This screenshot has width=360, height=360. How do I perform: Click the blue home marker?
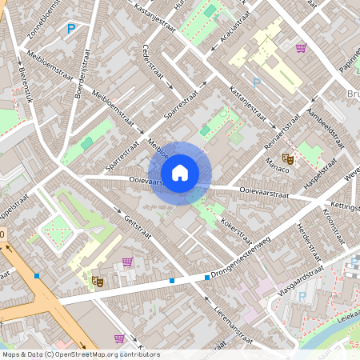(180, 172)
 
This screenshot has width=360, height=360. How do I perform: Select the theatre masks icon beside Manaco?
(290, 159)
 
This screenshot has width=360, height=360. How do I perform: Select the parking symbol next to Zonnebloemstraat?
(70, 30)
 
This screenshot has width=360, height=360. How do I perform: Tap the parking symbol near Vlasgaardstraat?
(302, 297)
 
